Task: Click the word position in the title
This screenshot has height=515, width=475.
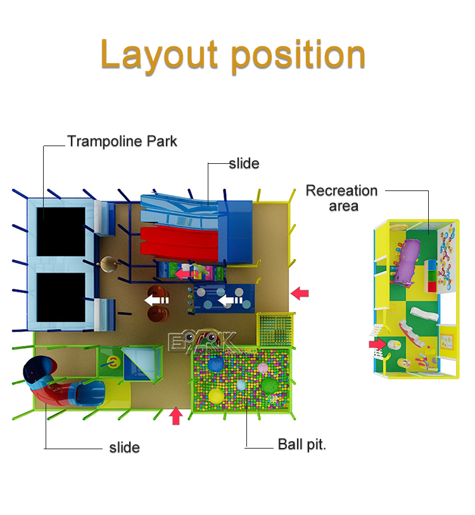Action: pyautogui.click(x=298, y=56)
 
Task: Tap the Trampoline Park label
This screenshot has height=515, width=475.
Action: pyautogui.click(x=122, y=141)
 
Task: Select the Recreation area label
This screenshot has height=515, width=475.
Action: pyautogui.click(x=342, y=197)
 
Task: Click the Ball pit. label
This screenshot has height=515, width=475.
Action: pyautogui.click(x=302, y=444)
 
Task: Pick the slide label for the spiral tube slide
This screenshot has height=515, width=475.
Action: pyautogui.click(x=124, y=447)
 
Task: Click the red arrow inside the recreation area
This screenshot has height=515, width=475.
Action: pyautogui.click(x=378, y=344)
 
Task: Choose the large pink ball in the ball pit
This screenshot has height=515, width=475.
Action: pyautogui.click(x=241, y=384)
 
